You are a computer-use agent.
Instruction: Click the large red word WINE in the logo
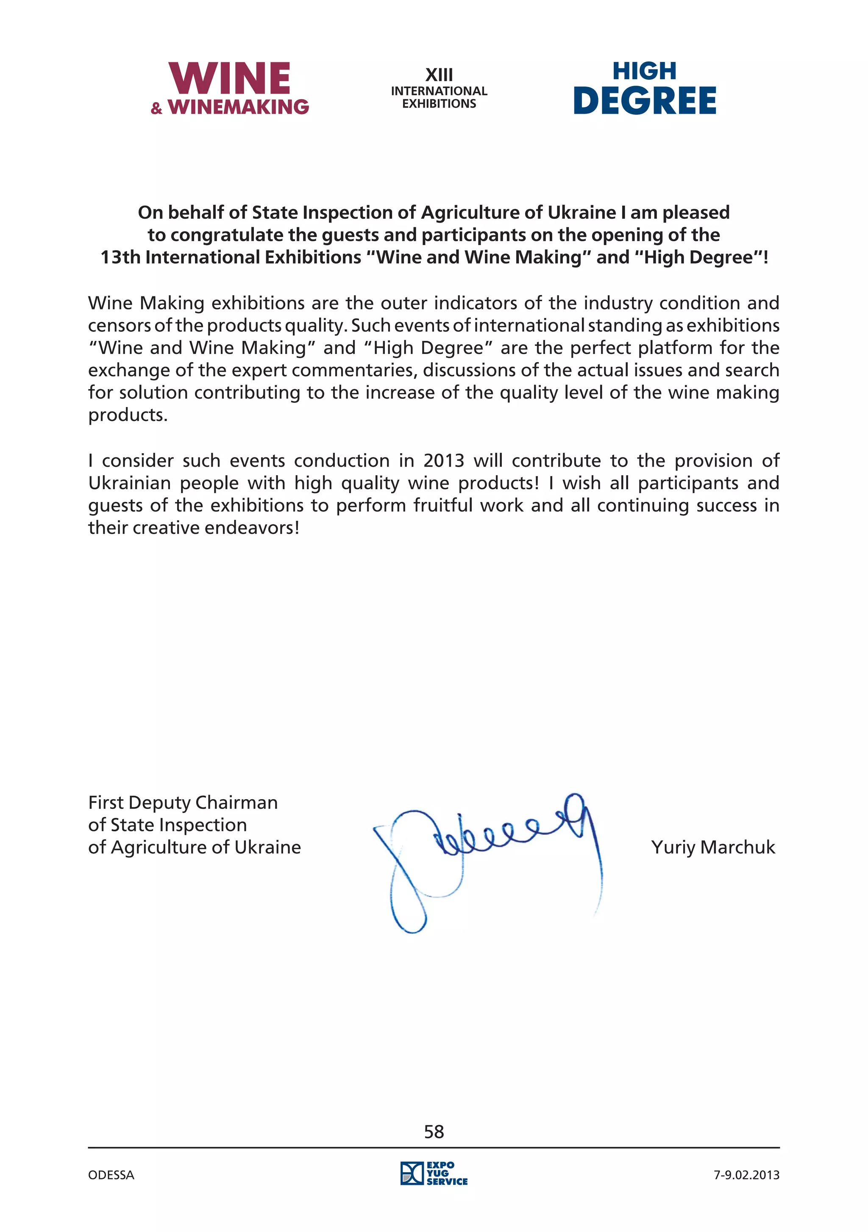click(230, 78)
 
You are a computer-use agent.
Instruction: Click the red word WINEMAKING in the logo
click(238, 107)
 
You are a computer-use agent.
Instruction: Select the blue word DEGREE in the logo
click(644, 100)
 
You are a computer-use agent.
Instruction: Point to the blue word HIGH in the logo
click(644, 71)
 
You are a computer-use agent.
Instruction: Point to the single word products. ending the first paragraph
click(128, 415)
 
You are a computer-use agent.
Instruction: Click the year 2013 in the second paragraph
click(444, 460)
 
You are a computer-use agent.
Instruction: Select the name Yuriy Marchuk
click(713, 847)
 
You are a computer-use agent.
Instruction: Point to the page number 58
click(434, 1132)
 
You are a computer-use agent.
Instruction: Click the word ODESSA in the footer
click(111, 1175)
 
